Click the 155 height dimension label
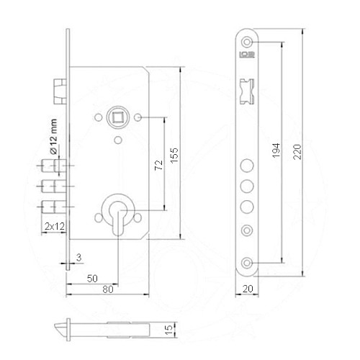click(x=174, y=156)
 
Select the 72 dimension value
click(x=160, y=166)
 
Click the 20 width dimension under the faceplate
click(x=248, y=288)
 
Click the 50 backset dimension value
click(x=92, y=277)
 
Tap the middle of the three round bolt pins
click(x=52, y=186)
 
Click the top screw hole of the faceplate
click(x=248, y=41)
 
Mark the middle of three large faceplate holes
click(x=248, y=186)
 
